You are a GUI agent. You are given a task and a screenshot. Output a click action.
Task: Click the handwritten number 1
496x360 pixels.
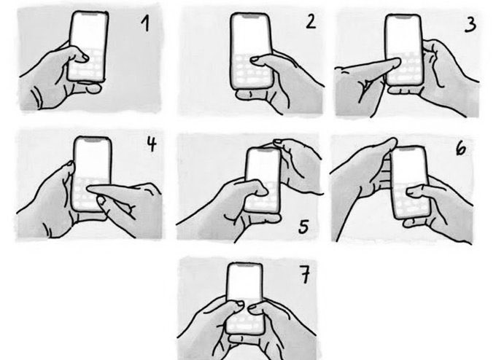145,23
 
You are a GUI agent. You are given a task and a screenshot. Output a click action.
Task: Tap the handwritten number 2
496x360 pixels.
311,23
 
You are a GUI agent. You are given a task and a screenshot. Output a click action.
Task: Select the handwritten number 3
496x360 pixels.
470,25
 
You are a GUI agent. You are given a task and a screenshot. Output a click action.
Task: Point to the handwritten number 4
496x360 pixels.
152,144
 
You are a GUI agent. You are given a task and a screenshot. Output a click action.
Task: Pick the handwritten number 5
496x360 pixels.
303,227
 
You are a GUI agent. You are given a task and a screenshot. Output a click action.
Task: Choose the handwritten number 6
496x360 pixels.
461,148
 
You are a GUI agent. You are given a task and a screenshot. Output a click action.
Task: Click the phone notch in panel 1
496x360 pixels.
90,14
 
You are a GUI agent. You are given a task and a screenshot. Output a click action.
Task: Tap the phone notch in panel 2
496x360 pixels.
250,15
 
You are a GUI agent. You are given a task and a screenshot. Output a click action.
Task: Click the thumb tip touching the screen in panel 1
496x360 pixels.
85,58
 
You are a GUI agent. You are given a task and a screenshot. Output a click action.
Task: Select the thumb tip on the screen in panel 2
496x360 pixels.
254,60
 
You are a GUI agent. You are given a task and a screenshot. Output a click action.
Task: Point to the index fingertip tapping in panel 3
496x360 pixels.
397,62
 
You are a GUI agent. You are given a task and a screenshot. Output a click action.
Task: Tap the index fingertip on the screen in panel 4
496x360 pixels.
90,189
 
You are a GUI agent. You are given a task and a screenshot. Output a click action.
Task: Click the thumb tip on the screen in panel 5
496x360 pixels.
262,189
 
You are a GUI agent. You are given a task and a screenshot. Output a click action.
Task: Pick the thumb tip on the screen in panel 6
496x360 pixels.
411,192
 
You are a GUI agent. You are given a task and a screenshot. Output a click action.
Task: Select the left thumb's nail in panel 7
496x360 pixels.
240,304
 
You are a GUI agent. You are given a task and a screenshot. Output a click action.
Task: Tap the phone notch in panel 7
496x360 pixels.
244,266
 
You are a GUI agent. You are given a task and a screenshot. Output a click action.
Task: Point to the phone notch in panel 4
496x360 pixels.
93,138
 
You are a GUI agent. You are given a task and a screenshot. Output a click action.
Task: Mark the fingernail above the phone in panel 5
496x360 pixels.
277,142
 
